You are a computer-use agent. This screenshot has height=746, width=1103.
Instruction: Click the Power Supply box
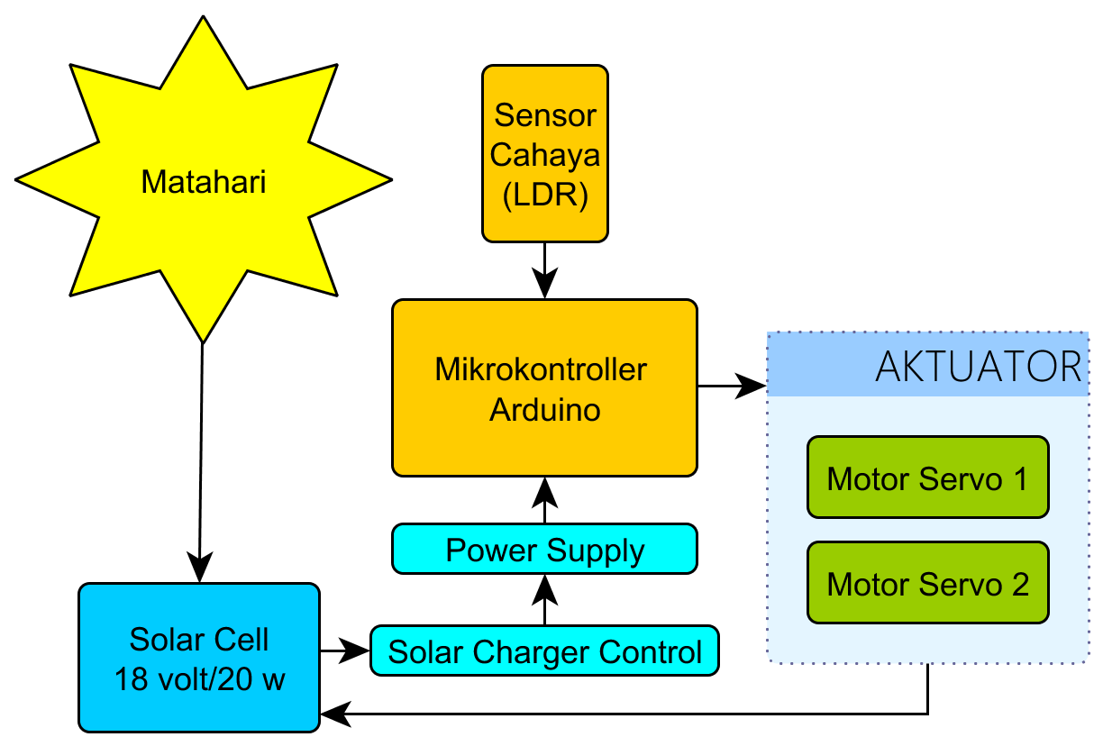(545, 550)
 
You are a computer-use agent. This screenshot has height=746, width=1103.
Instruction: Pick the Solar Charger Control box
(544, 650)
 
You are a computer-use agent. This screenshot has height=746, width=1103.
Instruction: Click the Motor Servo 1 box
(927, 478)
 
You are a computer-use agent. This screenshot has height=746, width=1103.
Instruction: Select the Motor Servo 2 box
(927, 583)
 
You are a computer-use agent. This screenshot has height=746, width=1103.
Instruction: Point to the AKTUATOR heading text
(978, 367)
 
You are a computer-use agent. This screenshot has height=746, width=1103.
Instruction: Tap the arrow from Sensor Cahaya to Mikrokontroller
(545, 270)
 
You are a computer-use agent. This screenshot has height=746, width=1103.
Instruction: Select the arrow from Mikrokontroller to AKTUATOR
(731, 387)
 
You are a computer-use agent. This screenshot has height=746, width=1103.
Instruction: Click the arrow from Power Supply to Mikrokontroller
(544, 500)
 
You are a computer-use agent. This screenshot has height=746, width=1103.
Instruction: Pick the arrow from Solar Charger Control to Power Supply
(544, 599)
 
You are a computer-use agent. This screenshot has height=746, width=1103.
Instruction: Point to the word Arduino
(544, 410)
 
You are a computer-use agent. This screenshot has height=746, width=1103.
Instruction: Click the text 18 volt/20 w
(199, 678)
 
